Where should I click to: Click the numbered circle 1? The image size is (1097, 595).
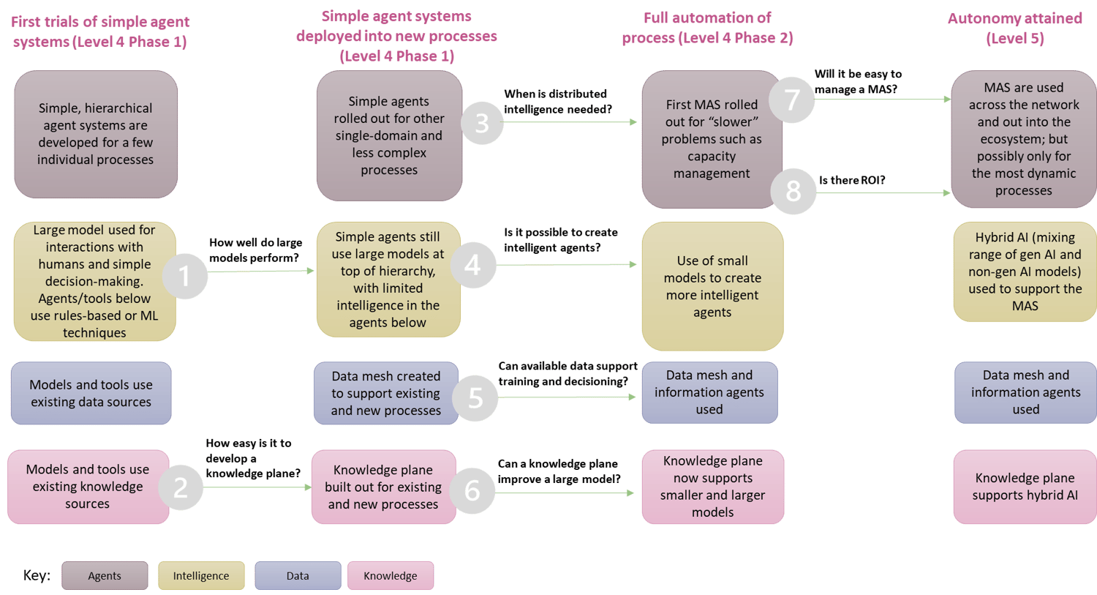(184, 276)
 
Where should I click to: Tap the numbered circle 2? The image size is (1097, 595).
(181, 487)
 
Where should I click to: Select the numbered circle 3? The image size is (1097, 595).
(482, 123)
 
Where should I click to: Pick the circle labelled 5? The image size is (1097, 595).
(475, 397)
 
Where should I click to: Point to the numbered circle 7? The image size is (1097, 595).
(792, 99)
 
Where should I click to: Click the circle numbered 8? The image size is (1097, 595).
(793, 191)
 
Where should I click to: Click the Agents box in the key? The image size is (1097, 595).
(105, 576)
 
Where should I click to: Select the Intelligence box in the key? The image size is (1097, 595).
(201, 576)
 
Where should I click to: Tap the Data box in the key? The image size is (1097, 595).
(298, 576)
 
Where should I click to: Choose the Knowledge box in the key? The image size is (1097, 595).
(391, 576)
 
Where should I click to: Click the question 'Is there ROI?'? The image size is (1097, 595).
(852, 180)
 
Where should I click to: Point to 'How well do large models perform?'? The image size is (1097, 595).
(255, 250)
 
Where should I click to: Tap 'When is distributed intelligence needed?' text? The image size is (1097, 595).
(557, 102)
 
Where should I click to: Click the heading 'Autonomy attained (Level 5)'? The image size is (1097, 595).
(1015, 29)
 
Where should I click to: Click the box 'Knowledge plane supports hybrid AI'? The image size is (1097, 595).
(1025, 487)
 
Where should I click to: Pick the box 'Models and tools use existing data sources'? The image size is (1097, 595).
(91, 393)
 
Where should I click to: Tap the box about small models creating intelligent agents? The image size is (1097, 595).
(712, 286)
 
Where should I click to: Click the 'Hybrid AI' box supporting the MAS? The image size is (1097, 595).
(1025, 272)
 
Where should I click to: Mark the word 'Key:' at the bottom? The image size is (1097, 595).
(37, 575)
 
